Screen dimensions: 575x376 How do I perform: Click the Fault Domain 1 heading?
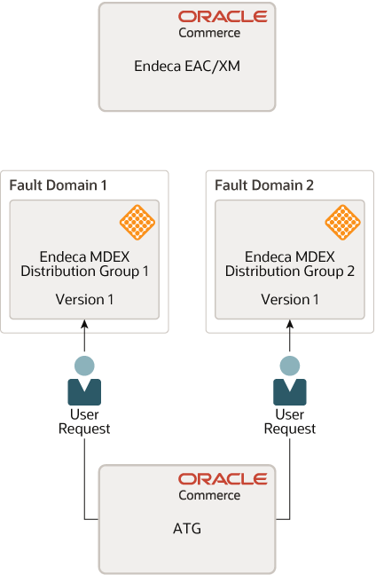click(58, 185)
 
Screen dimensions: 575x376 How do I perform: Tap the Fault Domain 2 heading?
click(263, 185)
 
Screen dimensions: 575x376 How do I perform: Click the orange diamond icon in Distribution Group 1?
click(137, 222)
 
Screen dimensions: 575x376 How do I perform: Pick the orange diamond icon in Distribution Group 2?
click(342, 222)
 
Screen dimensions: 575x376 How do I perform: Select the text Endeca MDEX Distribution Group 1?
click(85, 264)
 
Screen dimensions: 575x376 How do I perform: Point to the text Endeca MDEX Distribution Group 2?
click(290, 264)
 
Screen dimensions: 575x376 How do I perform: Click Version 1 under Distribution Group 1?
click(85, 300)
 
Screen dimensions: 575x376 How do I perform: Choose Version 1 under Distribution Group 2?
click(290, 300)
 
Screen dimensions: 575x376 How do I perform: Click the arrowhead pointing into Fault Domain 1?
click(85, 326)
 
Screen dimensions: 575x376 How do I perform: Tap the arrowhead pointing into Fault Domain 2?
click(290, 326)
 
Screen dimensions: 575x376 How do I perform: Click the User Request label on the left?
click(85, 421)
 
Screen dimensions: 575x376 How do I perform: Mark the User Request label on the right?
click(290, 421)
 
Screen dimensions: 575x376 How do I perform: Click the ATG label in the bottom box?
click(186, 529)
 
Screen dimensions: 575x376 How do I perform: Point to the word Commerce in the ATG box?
click(209, 495)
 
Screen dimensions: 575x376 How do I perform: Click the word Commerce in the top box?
click(209, 33)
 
